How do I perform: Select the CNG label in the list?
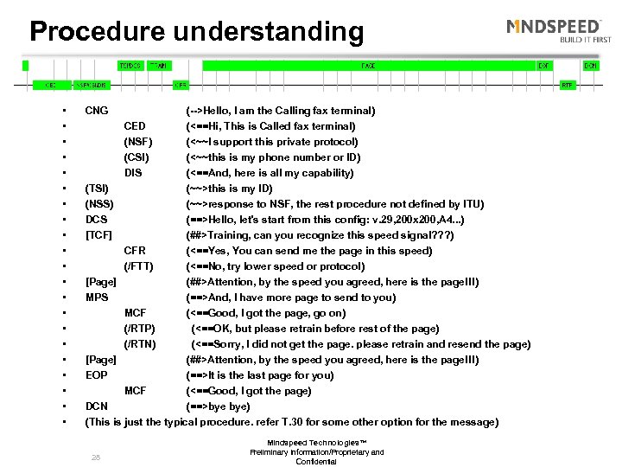[x=97, y=111]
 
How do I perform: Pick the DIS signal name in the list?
[x=133, y=173]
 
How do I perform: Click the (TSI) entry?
[x=98, y=189]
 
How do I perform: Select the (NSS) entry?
[x=99, y=204]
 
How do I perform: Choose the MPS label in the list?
[x=97, y=297]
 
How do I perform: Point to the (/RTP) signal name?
[x=140, y=329]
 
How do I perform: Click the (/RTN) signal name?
[x=140, y=344]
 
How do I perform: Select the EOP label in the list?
[x=96, y=375]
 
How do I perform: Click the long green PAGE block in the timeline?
[x=368, y=66]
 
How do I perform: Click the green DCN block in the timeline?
[x=591, y=66]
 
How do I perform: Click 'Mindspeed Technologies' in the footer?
[x=316, y=445]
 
